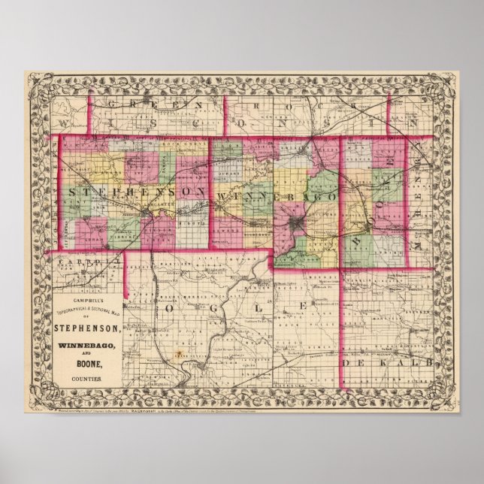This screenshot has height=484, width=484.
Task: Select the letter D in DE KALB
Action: tap(349, 364)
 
